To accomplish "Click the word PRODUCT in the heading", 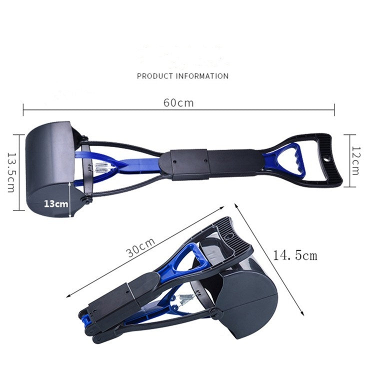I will click(155, 76).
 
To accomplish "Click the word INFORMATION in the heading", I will click(202, 76).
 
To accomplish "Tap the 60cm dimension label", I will click(178, 103).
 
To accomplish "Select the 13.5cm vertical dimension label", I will click(11, 172).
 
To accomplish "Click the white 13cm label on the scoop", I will click(55, 203).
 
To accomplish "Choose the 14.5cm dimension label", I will click(295, 255).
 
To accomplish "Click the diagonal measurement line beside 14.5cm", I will click(270, 260).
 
